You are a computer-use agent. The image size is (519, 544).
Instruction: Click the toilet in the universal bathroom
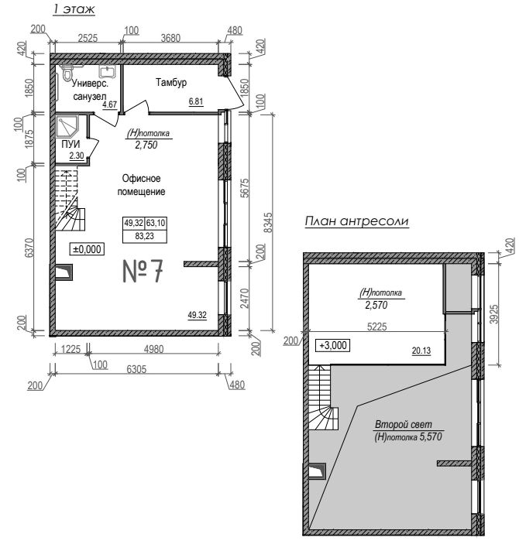67,73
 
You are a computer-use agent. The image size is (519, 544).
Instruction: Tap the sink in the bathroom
108,71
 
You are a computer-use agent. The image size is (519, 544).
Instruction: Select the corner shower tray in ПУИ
67,127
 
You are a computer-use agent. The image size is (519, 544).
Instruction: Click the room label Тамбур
171,83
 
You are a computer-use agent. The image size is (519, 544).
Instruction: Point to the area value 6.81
196,101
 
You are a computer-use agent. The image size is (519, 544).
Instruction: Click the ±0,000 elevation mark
88,249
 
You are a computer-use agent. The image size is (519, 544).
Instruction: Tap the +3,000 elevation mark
333,345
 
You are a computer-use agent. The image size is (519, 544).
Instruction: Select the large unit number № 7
143,271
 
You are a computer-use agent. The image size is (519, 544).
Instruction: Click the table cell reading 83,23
145,236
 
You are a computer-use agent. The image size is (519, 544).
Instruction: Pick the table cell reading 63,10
156,223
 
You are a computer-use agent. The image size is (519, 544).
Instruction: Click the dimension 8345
268,222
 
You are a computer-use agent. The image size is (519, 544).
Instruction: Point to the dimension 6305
136,369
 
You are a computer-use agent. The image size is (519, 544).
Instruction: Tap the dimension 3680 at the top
170,38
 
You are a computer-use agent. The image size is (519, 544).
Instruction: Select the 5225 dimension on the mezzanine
377,327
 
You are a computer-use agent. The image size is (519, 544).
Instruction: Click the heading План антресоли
357,221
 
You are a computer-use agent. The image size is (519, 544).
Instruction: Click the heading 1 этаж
74,9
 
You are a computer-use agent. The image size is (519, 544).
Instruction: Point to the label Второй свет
404,424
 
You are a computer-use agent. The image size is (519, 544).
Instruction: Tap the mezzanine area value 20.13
421,351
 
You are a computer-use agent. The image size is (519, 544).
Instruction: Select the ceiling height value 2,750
146,145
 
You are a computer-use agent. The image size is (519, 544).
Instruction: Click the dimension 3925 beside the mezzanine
494,314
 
